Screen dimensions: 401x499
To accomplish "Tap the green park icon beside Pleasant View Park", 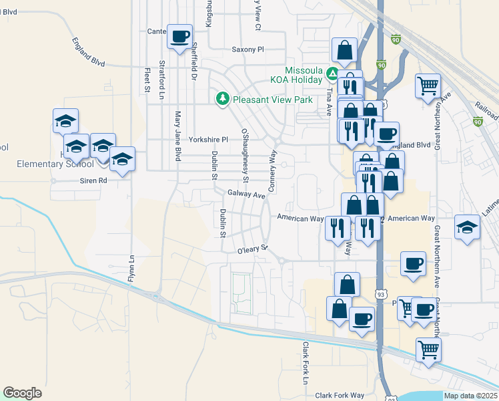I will [222, 99].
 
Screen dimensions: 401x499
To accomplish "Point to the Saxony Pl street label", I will [248, 49].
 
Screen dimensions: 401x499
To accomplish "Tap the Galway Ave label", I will [246, 194].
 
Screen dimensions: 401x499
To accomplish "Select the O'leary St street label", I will [252, 251].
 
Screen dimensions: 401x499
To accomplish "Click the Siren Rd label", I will [94, 180].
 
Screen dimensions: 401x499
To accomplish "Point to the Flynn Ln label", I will [132, 267].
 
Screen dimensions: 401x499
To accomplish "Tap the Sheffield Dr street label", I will [194, 57].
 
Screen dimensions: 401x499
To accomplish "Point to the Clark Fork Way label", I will [340, 395].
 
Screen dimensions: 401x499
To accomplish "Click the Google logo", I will [23, 393].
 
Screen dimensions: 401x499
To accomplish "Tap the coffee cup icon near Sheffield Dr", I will [179, 36].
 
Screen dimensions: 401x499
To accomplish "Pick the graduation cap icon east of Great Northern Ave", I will [468, 227].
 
